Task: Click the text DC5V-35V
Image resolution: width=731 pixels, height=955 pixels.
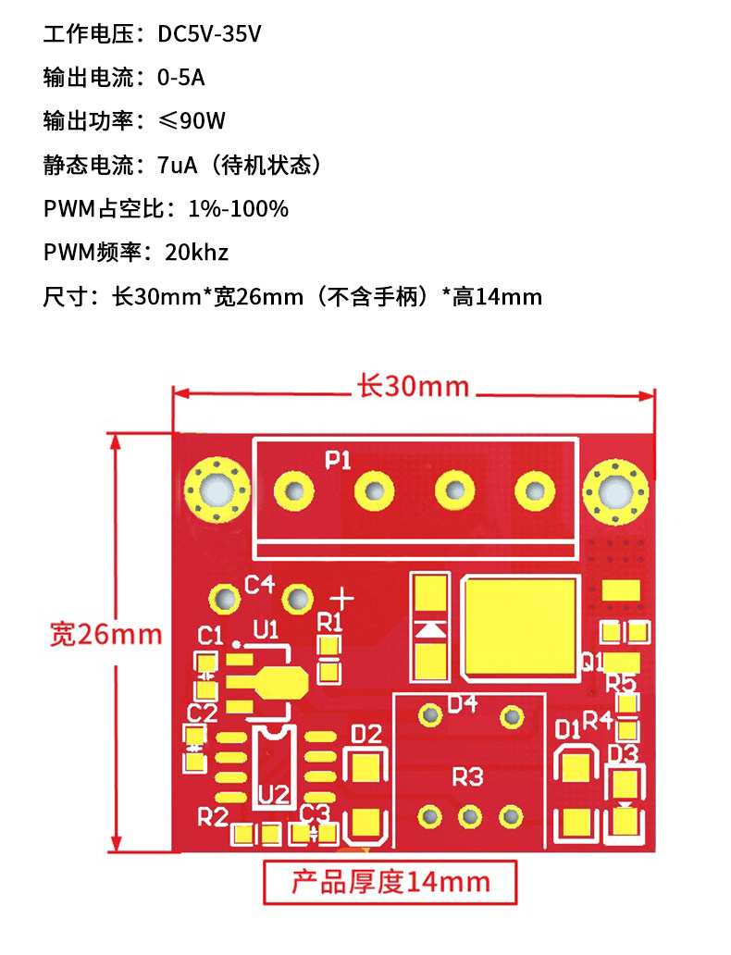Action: click(210, 35)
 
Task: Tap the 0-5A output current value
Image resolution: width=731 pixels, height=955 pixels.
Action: click(180, 78)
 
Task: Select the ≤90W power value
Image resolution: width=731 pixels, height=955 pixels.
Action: click(192, 121)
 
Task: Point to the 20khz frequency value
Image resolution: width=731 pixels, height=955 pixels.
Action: click(196, 252)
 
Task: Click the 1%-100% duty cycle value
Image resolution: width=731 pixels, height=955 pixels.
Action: click(238, 208)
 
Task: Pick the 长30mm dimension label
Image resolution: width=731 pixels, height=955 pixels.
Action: click(413, 386)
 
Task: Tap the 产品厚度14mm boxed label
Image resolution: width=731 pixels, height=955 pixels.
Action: click(390, 882)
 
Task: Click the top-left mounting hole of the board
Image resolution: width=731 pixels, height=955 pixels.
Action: click(217, 489)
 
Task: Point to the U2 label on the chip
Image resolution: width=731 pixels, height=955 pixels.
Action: click(273, 793)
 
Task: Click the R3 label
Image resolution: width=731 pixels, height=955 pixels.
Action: click(468, 776)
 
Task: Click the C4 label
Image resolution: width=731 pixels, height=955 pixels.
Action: click(259, 584)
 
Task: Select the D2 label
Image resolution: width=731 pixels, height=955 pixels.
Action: click(366, 734)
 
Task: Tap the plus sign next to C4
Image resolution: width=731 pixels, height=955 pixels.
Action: click(343, 597)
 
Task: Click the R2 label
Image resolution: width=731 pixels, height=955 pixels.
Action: click(213, 816)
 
